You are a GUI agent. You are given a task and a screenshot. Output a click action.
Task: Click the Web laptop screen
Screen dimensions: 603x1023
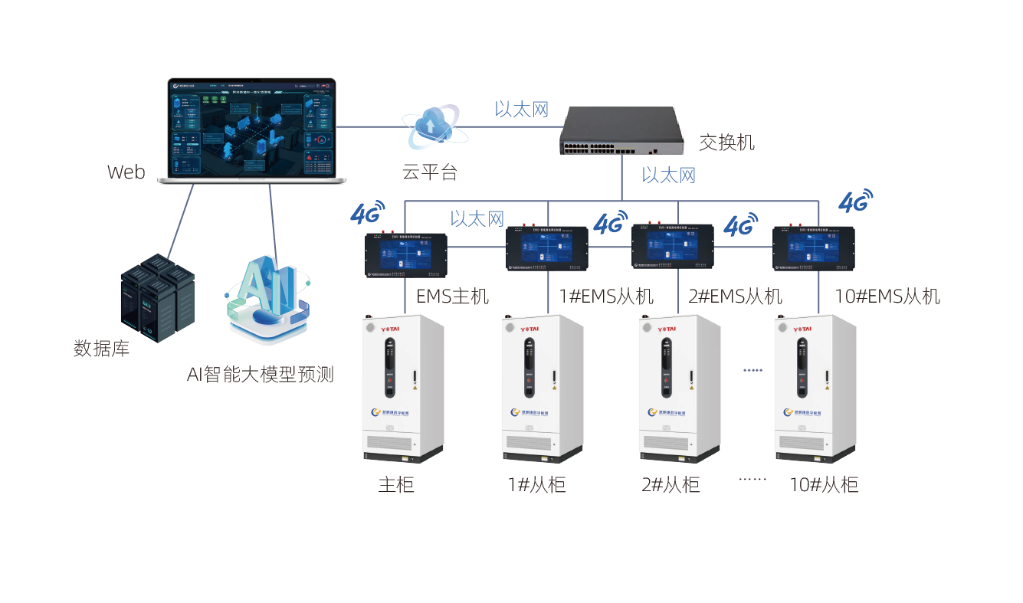click(252, 128)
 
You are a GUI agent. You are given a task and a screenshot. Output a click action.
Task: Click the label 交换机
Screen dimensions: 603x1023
click(726, 143)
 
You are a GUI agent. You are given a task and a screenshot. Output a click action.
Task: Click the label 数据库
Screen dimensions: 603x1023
click(102, 349)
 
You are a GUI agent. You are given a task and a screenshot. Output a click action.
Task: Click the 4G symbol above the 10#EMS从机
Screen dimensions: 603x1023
click(855, 202)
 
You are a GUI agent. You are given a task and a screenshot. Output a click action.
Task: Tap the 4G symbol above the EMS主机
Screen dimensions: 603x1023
click(367, 213)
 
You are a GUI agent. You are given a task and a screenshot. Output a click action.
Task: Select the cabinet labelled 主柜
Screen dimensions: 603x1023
click(402, 388)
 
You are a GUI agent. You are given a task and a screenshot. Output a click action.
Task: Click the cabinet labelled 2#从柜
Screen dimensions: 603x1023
click(680, 388)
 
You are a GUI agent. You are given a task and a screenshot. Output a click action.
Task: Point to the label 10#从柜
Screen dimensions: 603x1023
click(824, 485)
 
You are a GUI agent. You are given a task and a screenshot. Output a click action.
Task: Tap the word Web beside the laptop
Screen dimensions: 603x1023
click(126, 172)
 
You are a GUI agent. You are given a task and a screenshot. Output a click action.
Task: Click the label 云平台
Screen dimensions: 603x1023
click(430, 172)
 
